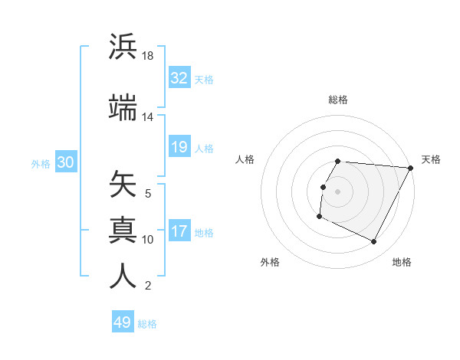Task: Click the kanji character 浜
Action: click(123, 47)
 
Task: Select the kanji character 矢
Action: click(123, 185)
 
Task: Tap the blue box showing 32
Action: click(179, 78)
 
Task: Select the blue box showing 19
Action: click(179, 147)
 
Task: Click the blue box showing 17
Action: click(179, 231)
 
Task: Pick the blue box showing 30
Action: click(65, 162)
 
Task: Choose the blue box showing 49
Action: click(123, 322)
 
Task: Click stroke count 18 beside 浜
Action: click(149, 57)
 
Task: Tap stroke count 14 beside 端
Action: click(148, 117)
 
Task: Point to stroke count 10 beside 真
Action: click(148, 240)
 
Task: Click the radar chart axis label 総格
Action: click(338, 100)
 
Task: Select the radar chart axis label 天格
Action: click(431, 159)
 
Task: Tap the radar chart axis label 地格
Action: click(402, 262)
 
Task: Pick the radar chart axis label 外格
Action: click(270, 262)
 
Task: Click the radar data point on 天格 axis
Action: click(411, 168)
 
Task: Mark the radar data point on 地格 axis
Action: click(374, 242)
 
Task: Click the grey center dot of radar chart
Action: click(338, 191)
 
